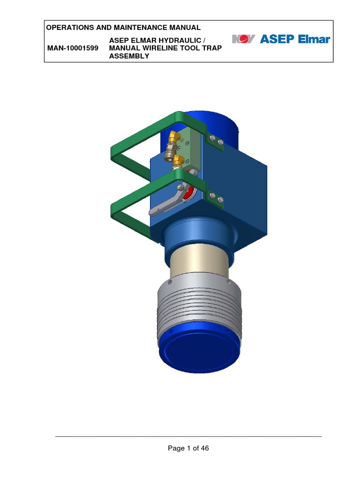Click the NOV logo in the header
(x=243, y=39)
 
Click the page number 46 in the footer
(x=204, y=448)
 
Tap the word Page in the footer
(x=176, y=448)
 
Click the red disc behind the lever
(x=190, y=193)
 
